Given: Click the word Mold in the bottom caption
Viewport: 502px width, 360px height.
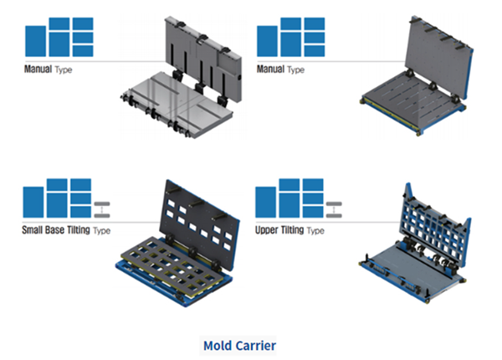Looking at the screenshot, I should click(219, 344).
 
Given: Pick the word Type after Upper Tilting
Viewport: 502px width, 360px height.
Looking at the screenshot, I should click(314, 230).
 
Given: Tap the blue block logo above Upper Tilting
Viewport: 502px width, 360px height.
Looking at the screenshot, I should click(289, 198).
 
